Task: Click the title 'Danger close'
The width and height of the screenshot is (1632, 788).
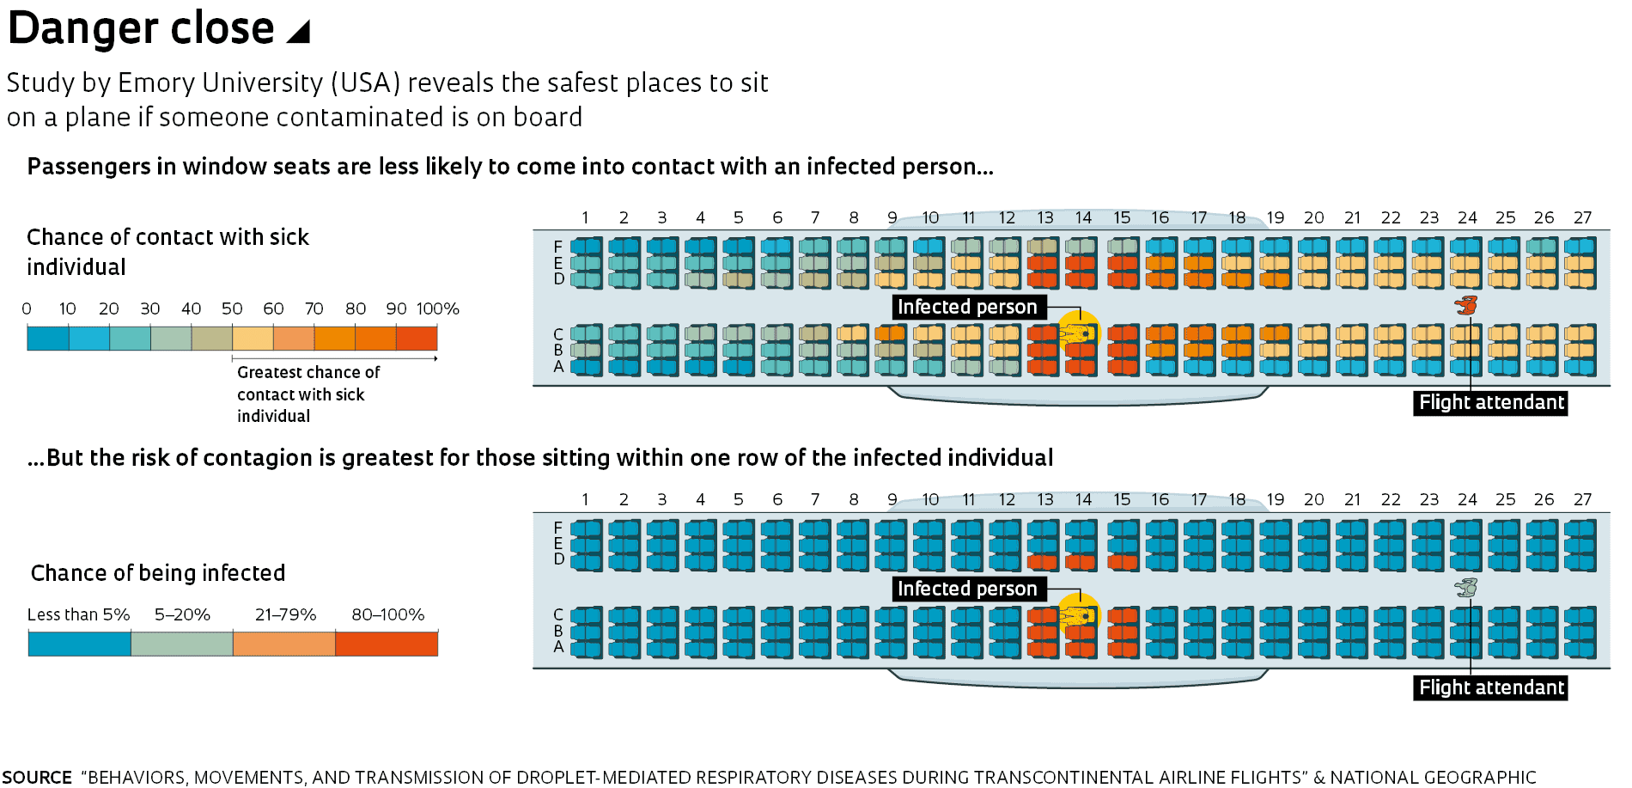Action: tap(141, 28)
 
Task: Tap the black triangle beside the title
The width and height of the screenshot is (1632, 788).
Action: tap(298, 32)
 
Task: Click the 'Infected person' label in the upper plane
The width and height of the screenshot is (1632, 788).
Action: tap(967, 307)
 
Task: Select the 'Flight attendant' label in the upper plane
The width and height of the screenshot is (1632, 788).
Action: tap(1490, 402)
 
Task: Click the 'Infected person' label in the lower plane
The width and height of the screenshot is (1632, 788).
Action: tap(967, 589)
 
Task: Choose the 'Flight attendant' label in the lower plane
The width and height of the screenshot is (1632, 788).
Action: tap(1490, 687)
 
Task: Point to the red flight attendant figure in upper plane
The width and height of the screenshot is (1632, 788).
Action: tap(1466, 305)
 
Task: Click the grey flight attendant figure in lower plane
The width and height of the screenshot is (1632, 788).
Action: tap(1466, 588)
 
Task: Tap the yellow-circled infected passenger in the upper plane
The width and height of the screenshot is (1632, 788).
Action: tap(1079, 333)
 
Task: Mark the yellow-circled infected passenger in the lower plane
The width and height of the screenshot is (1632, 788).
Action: tap(1079, 615)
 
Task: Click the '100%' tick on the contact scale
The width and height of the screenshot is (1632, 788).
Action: tap(438, 308)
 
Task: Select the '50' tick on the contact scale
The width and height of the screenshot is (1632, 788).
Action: tap(232, 308)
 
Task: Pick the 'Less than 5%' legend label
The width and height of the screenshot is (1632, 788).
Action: tap(78, 614)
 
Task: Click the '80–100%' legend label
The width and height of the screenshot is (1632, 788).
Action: tap(387, 614)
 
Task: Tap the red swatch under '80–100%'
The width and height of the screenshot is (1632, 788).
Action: tap(387, 644)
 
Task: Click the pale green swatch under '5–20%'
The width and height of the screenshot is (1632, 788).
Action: tap(182, 644)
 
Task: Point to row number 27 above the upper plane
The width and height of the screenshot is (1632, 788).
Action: tap(1582, 217)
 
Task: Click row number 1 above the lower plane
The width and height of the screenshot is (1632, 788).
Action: tap(585, 499)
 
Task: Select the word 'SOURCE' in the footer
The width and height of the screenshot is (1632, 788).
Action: tap(37, 777)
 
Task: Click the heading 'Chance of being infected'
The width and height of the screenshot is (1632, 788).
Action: tap(158, 573)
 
